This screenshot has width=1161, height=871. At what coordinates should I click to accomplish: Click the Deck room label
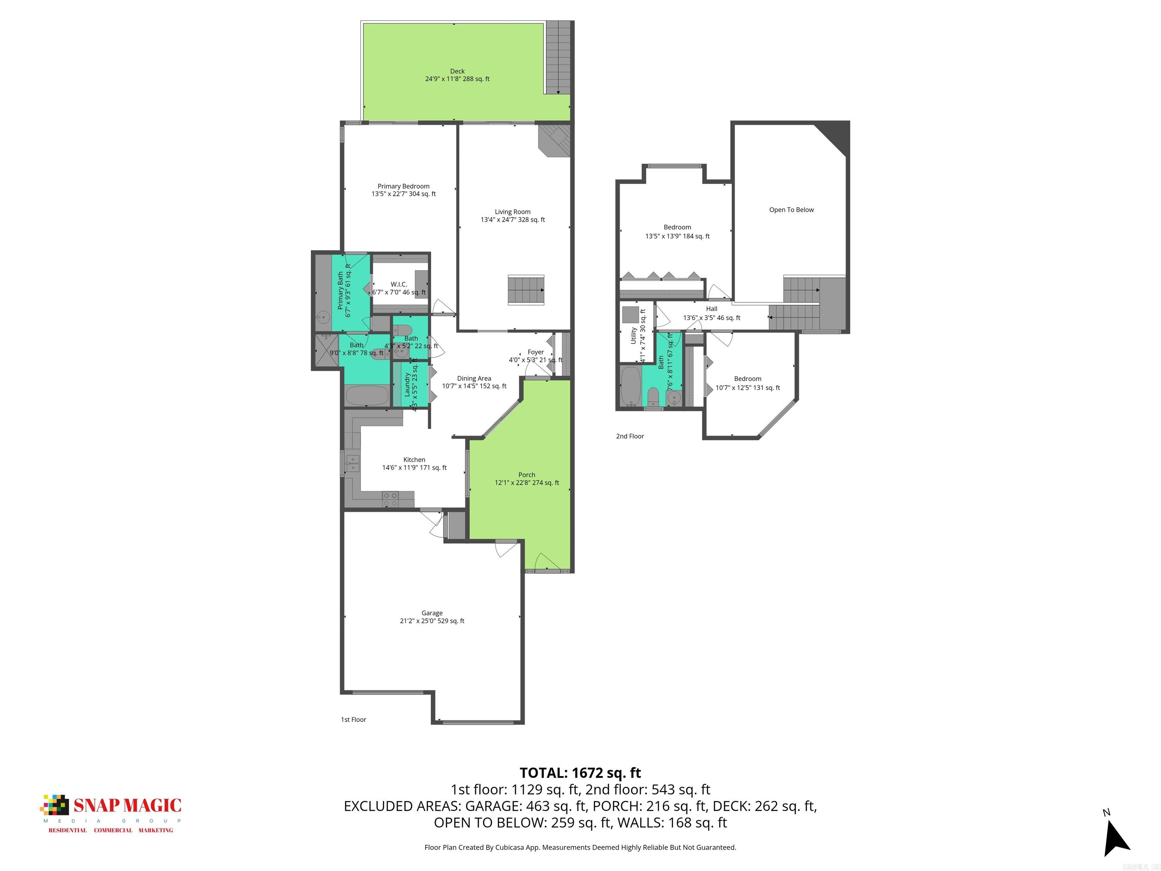457,71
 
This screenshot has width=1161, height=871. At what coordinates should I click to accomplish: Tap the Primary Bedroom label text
404,186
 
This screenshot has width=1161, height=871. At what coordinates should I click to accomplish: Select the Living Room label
512,212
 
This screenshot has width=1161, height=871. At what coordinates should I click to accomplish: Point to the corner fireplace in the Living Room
555,141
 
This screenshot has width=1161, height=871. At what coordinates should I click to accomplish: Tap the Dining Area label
474,378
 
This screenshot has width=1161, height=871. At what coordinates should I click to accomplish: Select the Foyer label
536,352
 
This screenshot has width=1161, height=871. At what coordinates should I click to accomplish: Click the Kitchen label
414,460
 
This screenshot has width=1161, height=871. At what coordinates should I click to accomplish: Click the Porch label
526,475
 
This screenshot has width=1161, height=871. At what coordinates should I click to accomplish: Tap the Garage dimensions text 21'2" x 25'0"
418,621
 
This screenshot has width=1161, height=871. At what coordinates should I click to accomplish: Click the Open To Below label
791,210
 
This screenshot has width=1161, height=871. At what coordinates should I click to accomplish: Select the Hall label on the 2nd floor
711,309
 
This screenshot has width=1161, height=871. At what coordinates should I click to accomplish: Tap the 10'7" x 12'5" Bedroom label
748,388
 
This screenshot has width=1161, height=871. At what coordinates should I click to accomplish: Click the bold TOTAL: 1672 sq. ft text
580,773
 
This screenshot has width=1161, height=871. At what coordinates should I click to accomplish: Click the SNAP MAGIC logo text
127,805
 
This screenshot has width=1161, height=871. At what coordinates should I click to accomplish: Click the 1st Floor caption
353,720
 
